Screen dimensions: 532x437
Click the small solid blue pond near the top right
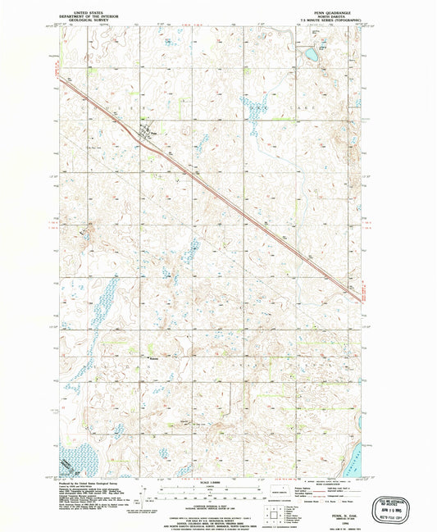click(x=311, y=57)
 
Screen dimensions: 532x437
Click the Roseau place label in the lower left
click(x=152, y=357)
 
